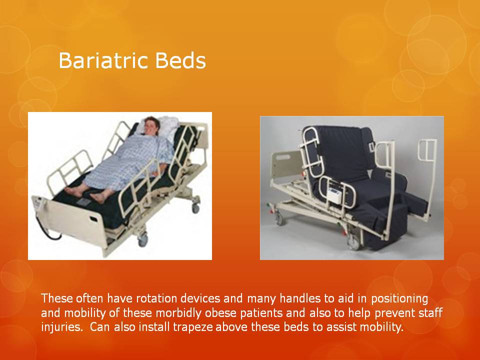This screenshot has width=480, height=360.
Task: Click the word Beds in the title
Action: pos(180,60)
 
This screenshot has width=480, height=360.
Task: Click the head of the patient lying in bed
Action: pos(151,126)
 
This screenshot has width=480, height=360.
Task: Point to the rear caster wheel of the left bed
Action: pos(195,208)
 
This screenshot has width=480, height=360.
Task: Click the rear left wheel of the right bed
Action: pos(279,218)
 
